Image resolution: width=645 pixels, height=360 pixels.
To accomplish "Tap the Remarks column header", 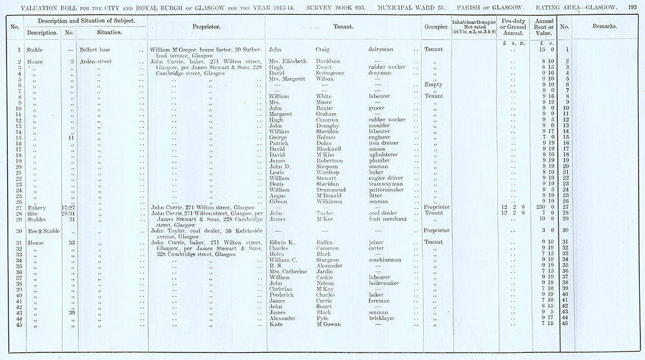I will point(604,26).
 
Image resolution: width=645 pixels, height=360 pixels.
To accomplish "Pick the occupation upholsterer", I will point(386,155).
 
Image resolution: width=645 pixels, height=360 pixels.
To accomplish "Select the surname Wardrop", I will point(329,172).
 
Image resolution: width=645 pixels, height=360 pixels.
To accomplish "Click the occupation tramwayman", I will point(386,184).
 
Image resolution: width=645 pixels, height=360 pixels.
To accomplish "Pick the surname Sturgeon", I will point(330,260).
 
